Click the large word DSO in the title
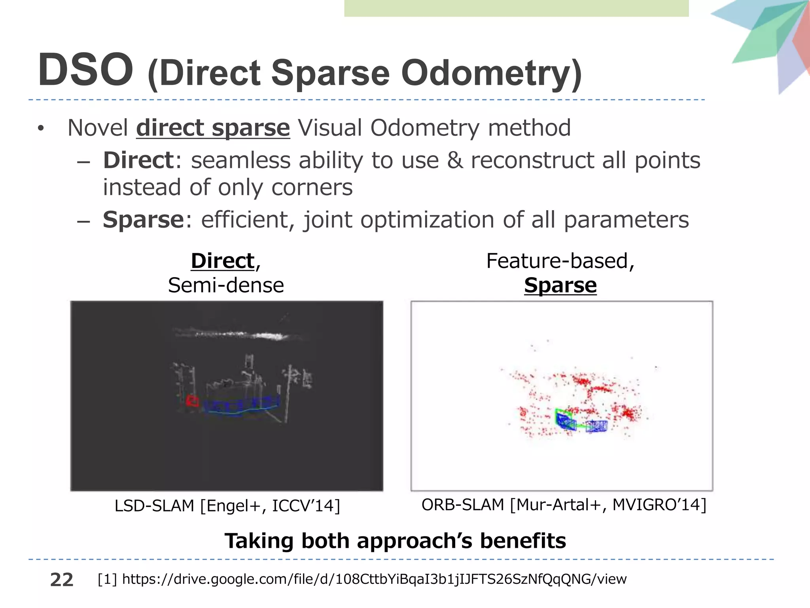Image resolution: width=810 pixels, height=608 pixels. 85,70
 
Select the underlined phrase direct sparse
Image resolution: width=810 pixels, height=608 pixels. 213,128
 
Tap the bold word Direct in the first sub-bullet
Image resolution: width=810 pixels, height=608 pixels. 138,160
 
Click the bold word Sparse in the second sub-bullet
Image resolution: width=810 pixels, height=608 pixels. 143,220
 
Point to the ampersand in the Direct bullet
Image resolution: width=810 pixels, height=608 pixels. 455,160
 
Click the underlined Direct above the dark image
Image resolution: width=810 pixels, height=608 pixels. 223,261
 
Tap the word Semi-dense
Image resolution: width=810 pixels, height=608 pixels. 226,285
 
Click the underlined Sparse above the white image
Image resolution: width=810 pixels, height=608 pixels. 560,285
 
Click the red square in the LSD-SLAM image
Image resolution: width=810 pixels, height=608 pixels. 193,401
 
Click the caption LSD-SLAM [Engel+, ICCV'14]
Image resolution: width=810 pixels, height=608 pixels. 227,506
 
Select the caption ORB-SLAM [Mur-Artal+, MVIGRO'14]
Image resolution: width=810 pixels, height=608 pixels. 564,505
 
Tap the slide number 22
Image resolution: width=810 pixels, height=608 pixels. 62,580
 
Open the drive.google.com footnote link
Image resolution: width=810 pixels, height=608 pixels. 374,579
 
